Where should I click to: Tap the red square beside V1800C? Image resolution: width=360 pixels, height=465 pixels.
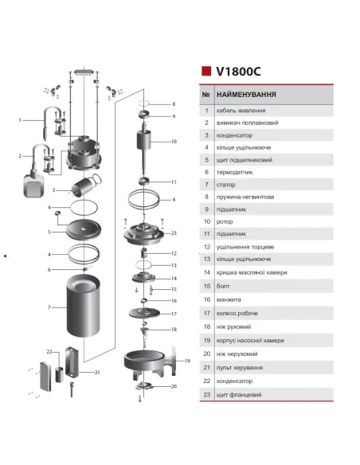(x=205, y=70)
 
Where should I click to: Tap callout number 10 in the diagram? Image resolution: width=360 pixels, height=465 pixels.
(x=174, y=142)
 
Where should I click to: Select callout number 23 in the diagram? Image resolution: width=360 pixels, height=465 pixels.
(x=174, y=233)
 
